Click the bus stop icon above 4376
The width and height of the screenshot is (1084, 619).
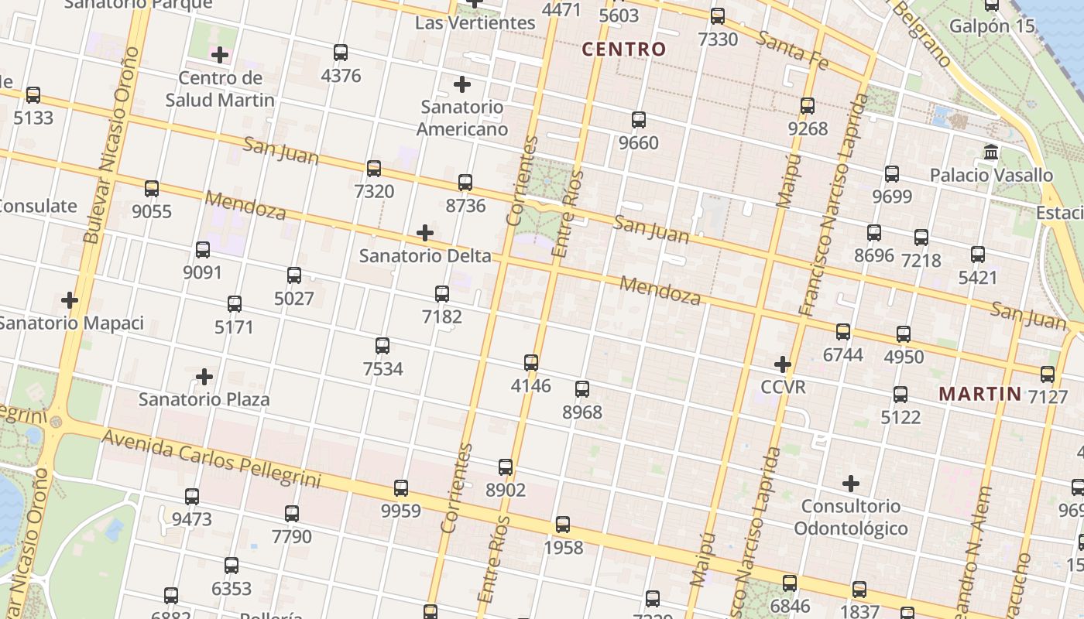point(341,53)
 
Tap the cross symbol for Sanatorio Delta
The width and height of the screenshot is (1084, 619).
point(425,233)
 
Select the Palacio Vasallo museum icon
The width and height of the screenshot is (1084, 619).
point(991,152)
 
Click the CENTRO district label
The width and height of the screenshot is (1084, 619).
point(624,50)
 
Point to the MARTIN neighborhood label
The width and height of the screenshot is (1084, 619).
point(980,394)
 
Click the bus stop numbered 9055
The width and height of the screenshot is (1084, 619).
point(152,189)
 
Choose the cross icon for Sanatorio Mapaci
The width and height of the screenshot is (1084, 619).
point(70,300)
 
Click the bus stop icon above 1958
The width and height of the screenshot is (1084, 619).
point(563,525)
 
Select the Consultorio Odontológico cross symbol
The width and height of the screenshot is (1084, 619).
point(851,484)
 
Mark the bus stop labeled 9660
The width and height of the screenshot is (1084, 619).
point(639,120)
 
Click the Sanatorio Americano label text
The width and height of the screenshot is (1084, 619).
point(462,118)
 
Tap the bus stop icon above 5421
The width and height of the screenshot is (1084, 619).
point(978,255)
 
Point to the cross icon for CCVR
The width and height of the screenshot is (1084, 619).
point(783,364)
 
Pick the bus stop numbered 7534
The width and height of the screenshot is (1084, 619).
point(382,346)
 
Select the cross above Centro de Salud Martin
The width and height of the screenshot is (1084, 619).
point(220,55)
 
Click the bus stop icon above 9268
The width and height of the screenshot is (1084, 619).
point(808,106)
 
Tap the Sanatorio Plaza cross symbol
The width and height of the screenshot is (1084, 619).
point(204,377)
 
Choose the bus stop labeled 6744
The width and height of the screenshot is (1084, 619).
point(843,332)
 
